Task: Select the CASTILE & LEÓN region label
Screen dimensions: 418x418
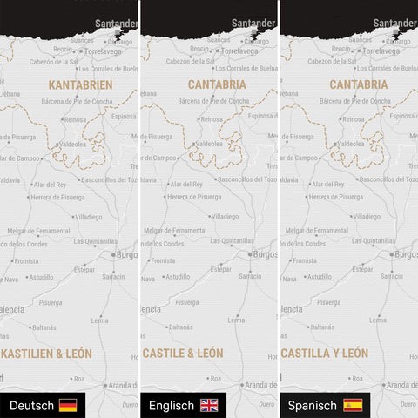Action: click(x=183, y=354)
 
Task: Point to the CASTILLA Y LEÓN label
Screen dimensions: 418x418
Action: click(x=330, y=354)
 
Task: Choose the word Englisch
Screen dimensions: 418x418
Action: click(x=172, y=406)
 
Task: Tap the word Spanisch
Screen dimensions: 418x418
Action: click(x=312, y=406)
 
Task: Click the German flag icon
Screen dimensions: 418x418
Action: click(x=67, y=406)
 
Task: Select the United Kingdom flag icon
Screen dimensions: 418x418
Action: click(x=210, y=406)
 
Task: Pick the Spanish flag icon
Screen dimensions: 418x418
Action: click(x=353, y=406)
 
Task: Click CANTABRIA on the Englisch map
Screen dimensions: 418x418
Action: click(x=217, y=85)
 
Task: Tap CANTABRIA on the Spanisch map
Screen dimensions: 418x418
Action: click(x=359, y=85)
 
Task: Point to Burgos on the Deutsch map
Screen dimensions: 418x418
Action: click(x=125, y=254)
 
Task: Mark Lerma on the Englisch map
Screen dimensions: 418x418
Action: click(x=237, y=320)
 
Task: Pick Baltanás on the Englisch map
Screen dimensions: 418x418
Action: click(x=180, y=327)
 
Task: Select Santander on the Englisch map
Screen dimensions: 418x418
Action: click(x=253, y=24)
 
